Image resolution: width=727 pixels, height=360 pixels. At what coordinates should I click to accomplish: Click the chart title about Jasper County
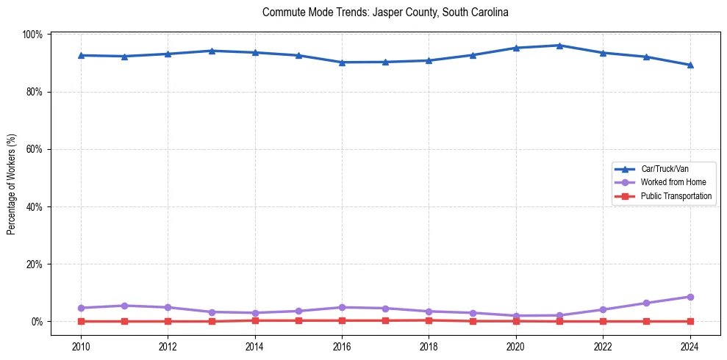pos(385,12)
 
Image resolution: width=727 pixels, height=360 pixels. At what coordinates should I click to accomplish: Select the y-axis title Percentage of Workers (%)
pos(11,184)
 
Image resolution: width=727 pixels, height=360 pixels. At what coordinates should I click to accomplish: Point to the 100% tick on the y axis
pos(34,35)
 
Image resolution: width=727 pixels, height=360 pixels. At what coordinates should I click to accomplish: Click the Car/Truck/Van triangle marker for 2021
pos(559,46)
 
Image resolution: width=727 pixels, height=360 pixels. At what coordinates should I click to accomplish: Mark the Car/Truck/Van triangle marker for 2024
pos(690,65)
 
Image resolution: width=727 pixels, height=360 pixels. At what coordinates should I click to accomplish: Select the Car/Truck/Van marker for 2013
pos(212,51)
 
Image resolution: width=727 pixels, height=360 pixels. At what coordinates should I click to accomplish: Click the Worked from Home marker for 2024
pos(690,297)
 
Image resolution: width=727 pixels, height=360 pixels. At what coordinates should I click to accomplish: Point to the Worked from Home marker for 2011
pos(124,306)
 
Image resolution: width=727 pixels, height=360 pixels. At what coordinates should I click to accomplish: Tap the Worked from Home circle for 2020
pos(516,316)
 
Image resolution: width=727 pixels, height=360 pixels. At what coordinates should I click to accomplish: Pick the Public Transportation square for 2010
pos(81,321)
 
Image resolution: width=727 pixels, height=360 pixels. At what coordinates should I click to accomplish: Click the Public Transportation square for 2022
pos(604,321)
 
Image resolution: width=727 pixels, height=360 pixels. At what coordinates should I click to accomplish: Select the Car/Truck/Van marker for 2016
pos(342,62)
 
